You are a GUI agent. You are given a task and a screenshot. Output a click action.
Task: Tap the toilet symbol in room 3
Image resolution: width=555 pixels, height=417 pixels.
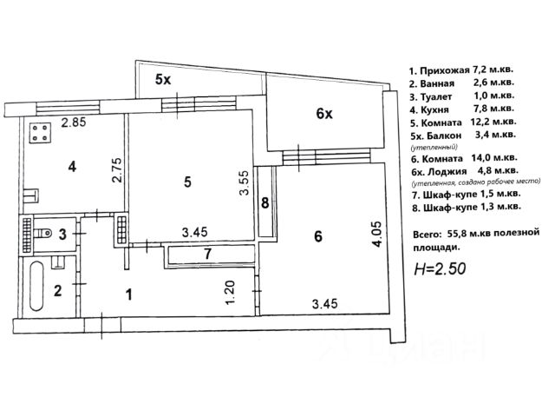(x=40, y=232)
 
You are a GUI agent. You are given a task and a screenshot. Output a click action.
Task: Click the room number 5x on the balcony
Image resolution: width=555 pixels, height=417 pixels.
(x=163, y=80)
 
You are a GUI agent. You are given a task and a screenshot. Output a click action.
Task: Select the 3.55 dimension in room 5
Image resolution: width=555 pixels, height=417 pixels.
(x=246, y=184)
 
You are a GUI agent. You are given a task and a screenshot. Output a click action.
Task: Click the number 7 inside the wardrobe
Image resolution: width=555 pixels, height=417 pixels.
(x=207, y=255)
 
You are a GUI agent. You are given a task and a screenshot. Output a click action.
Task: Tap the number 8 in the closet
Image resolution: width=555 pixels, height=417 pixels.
(x=265, y=204)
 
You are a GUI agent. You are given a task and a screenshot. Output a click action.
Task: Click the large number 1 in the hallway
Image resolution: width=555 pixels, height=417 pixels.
(x=128, y=295)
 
